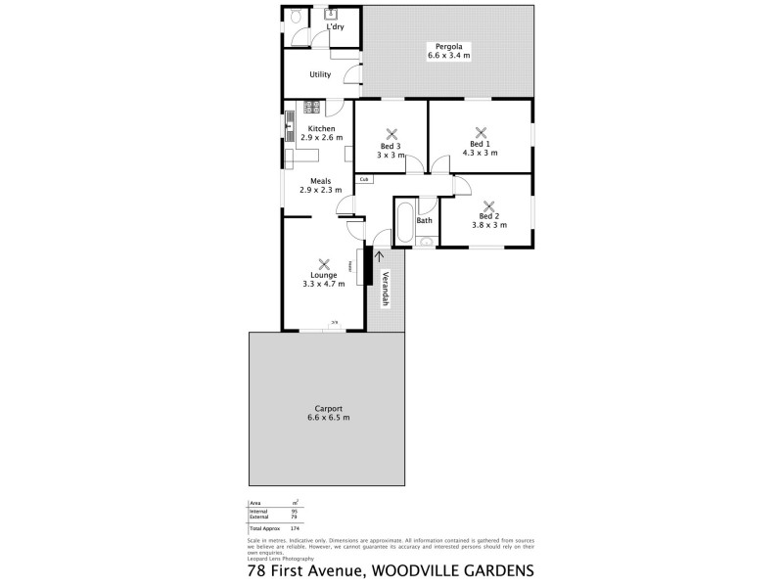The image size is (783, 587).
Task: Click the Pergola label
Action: [x=448, y=45]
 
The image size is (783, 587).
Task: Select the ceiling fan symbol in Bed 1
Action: [x=481, y=133]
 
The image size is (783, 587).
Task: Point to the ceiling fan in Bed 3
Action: [x=391, y=135]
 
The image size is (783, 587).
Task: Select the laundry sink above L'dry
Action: [x=330, y=15]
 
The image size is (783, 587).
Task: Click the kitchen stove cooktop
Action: [x=312, y=109]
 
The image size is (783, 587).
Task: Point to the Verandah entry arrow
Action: [x=378, y=257]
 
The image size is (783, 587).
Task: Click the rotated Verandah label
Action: [x=386, y=289]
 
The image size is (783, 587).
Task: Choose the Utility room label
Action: [x=319, y=74]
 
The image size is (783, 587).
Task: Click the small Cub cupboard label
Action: [x=363, y=179]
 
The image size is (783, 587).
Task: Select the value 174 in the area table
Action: [x=295, y=528]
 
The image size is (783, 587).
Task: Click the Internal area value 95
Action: [x=294, y=512]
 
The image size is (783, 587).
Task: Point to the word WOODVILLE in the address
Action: [x=415, y=568]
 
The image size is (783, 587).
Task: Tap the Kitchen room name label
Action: [x=322, y=129]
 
